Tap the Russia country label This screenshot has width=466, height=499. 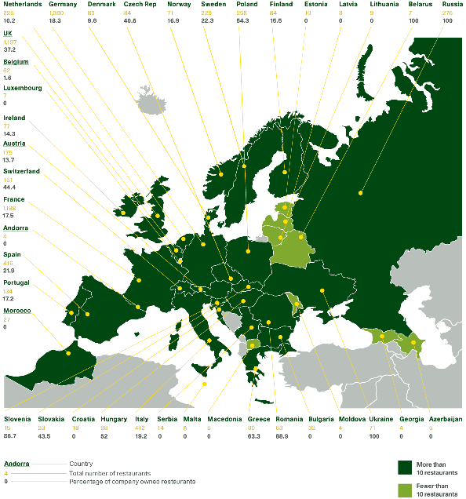coord(453,4)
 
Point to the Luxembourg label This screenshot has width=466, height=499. coord(22,88)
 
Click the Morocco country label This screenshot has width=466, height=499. coord(17,311)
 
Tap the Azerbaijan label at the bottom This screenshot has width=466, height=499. coord(446,419)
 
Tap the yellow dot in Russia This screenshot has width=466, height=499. coord(361,191)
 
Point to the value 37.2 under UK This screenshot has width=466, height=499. coord(10,49)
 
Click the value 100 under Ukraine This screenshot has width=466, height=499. coord(374,436)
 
